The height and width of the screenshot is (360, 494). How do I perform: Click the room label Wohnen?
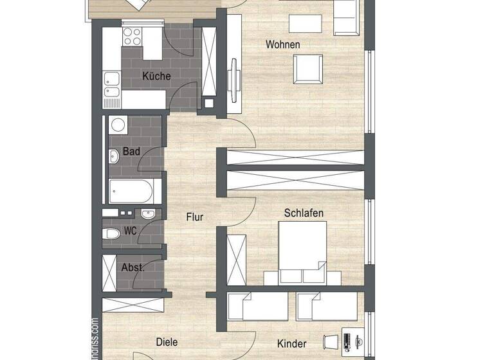coord(284,44)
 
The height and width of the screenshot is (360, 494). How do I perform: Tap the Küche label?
coord(156,76)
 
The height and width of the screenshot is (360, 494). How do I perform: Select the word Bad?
coord(131,152)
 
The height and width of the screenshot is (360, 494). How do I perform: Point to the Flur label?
coord(195,217)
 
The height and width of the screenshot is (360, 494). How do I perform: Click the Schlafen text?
coord(304,213)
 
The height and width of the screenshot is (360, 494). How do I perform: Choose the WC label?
coord(130,230)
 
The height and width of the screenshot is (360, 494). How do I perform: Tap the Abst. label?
coord(133,267)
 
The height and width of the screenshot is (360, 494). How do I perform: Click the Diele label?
coord(167,343)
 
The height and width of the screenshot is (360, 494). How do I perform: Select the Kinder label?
coord(291,344)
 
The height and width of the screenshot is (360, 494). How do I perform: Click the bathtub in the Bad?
coord(131,191)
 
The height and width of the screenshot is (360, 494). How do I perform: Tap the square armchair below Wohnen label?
coord(308,69)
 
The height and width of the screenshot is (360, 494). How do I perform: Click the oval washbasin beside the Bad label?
coord(114,156)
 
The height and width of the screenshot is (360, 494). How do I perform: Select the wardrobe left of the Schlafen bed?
coord(236,260)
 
